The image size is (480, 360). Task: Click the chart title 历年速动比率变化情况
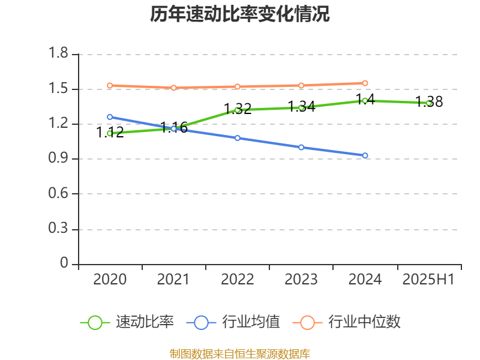(x=240, y=14)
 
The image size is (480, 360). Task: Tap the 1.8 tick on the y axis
(x=59, y=55)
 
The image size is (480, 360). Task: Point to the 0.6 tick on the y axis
(x=59, y=194)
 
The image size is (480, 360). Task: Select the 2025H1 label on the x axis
(x=428, y=279)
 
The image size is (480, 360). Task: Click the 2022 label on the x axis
(x=238, y=279)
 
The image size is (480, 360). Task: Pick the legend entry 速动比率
(x=145, y=322)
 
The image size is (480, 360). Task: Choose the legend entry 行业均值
(x=251, y=322)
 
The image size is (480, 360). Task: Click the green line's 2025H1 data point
(x=429, y=103)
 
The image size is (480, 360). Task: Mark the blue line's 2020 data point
(x=110, y=117)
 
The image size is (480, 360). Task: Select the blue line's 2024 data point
(x=365, y=155)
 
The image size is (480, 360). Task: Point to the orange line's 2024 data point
(x=365, y=83)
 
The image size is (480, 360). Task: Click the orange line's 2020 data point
(x=110, y=85)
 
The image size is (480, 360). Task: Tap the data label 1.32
(x=238, y=109)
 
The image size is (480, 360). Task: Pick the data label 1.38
(x=430, y=102)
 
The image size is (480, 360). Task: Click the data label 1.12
(x=110, y=133)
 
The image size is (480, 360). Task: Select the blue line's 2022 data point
(x=238, y=138)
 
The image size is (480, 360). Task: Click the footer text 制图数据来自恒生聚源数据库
(x=240, y=353)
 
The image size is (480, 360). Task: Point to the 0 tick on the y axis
(x=65, y=264)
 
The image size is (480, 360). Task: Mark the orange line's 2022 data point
(x=238, y=86)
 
